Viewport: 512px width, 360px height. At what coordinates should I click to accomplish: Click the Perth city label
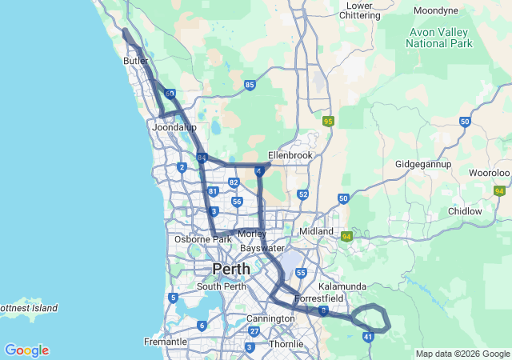[x=230, y=269]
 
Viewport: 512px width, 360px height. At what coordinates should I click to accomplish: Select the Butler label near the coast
[x=136, y=61]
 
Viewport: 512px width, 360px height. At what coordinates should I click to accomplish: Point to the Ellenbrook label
[x=290, y=154]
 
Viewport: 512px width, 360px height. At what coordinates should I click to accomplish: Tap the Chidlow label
[x=465, y=211]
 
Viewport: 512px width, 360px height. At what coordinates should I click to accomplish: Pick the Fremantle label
[x=165, y=342]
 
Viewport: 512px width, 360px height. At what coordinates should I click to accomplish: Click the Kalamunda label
[x=342, y=286]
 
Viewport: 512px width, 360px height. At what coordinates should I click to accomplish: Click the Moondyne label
[x=436, y=10]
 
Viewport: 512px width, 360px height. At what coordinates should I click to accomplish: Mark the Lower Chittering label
[x=360, y=10]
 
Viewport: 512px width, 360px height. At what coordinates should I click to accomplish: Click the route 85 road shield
[x=250, y=84]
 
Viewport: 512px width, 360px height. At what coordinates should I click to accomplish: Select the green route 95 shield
[x=328, y=121]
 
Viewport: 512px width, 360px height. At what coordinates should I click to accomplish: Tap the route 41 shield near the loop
[x=368, y=338]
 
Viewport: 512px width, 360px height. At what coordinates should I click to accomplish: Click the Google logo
[x=26, y=350]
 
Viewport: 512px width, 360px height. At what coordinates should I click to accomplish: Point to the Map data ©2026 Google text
[x=462, y=354]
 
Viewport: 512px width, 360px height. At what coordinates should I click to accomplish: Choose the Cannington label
[x=271, y=318]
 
